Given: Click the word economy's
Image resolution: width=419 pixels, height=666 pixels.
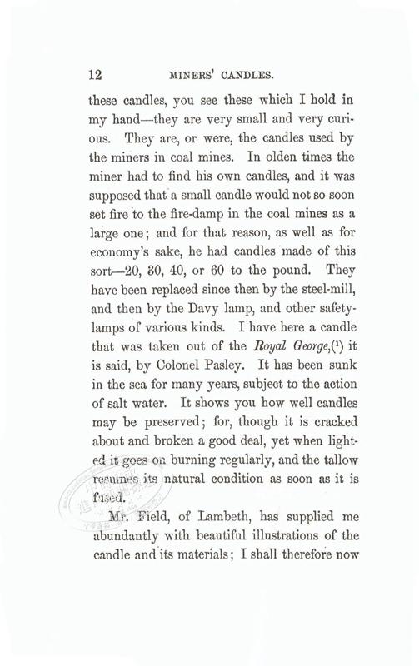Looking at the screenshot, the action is point(122,233).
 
